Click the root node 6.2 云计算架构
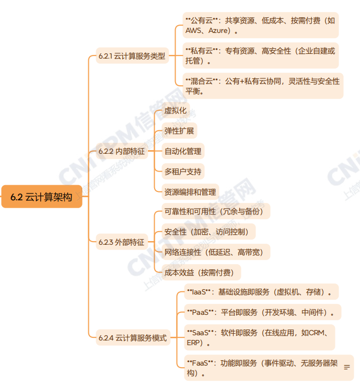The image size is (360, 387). [x=42, y=197]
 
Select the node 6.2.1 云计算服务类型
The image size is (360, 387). [x=132, y=56]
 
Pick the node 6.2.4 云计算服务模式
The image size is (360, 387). [x=133, y=338]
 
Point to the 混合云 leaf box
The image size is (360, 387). [x=262, y=86]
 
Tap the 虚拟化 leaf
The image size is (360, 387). [x=175, y=111]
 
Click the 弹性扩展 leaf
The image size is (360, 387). [x=179, y=131]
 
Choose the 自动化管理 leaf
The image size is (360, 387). [x=183, y=151]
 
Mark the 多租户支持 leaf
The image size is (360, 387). [x=183, y=171]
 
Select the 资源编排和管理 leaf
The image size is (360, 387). [x=190, y=191]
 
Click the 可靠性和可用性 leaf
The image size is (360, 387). [x=214, y=211]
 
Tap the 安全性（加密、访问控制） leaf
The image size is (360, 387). [x=206, y=232]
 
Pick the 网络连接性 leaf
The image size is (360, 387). [x=214, y=252]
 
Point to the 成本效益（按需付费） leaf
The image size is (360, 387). [x=199, y=272]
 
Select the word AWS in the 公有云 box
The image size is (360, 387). [x=194, y=31]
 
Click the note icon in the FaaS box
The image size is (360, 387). [x=346, y=368]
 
